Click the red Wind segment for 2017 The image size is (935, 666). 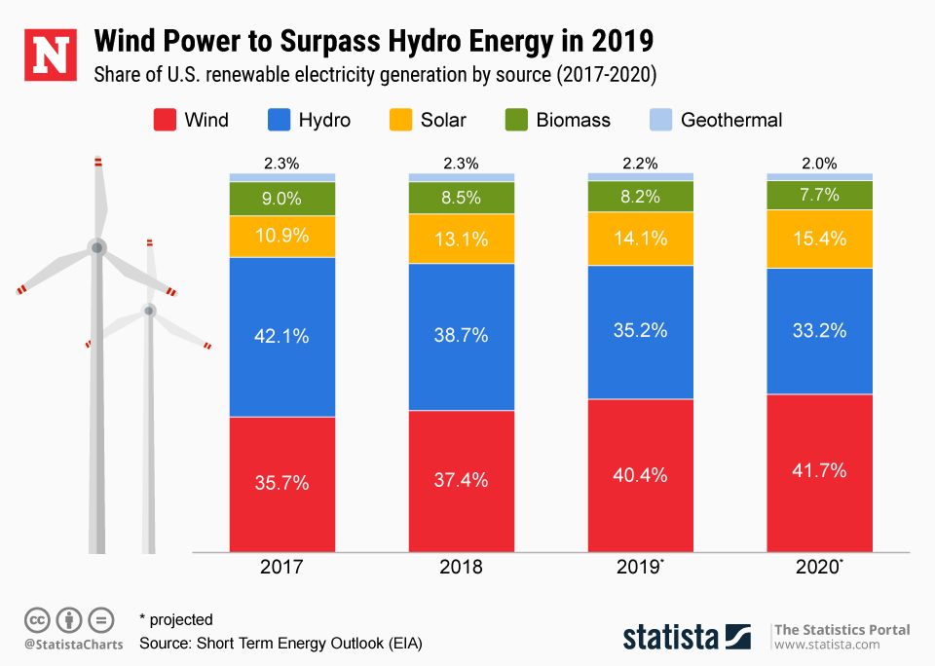(282, 484)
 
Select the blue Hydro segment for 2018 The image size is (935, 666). (461, 336)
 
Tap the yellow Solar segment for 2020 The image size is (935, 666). (819, 239)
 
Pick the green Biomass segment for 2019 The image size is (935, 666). (640, 196)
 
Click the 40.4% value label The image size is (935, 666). (640, 475)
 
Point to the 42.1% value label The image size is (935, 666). (282, 336)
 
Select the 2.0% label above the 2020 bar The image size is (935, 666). (819, 164)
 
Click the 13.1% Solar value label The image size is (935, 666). (461, 239)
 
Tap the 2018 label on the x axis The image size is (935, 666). (461, 568)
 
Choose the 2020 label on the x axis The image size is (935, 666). (817, 568)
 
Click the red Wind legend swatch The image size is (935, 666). (163, 121)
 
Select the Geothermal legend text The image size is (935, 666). (731, 121)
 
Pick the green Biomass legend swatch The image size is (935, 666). (516, 121)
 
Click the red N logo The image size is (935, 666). (50, 55)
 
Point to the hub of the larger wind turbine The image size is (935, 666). (96, 247)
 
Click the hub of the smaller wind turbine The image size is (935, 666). (149, 311)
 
